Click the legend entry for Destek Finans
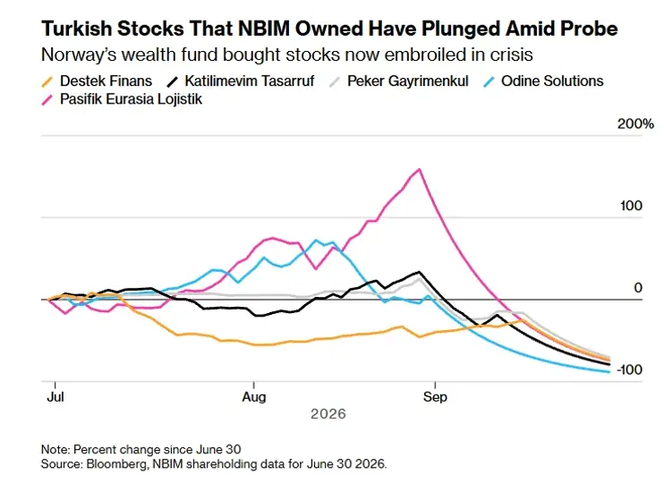pyautogui.click(x=97, y=80)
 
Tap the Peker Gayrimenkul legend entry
pyautogui.click(x=399, y=80)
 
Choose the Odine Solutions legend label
pyautogui.click(x=544, y=80)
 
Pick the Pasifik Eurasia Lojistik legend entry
pyautogui.click(x=122, y=99)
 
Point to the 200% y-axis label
pyautogui.click(x=635, y=124)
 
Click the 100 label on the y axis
pyautogui.click(x=631, y=206)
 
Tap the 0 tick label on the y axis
pyautogui.click(x=638, y=288)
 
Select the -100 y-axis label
pyautogui.click(x=629, y=369)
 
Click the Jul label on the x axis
pyautogui.click(x=55, y=397)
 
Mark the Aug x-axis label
pyautogui.click(x=253, y=397)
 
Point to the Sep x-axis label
pyautogui.click(x=435, y=397)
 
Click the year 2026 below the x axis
pyautogui.click(x=328, y=413)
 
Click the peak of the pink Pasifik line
pyautogui.click(x=419, y=169)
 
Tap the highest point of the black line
pyautogui.click(x=419, y=272)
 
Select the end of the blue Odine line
pyautogui.click(x=609, y=372)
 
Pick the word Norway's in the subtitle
pyautogui.click(x=72, y=55)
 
